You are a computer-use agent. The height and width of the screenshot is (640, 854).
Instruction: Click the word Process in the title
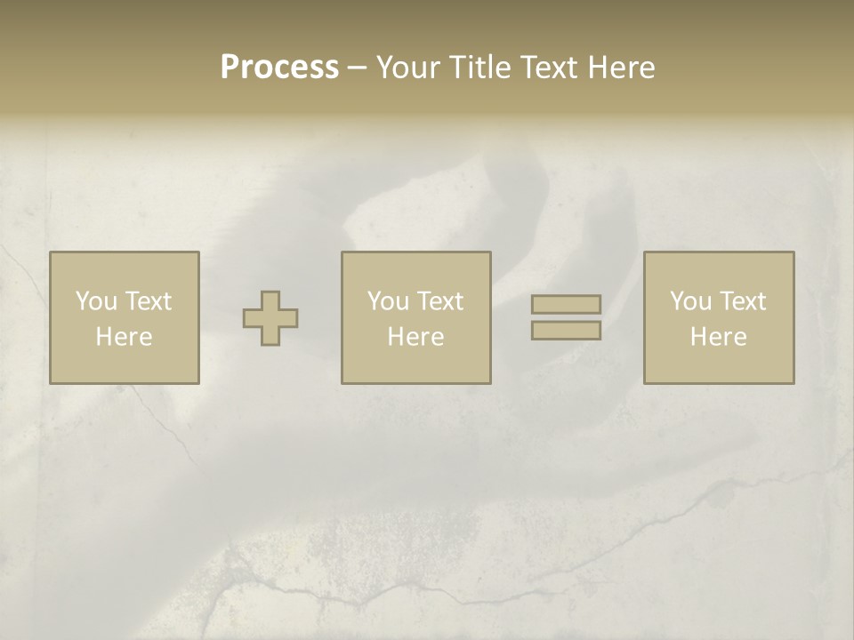pos(279,68)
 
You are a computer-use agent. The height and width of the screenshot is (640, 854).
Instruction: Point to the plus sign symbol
pos(270,318)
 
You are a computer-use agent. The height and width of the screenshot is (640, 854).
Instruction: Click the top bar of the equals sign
pos(566,305)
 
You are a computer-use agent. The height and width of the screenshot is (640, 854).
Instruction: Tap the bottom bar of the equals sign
pos(566,331)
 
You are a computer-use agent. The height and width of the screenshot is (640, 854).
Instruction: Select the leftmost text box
pos(125,317)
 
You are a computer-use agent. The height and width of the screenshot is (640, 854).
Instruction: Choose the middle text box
pos(416,317)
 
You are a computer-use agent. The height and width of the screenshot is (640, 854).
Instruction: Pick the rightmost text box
pos(719,317)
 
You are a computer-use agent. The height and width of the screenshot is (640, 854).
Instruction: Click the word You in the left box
pos(95,301)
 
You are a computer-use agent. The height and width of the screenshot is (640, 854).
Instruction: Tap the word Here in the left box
pos(125,337)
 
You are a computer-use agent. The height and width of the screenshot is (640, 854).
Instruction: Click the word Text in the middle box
pos(439,301)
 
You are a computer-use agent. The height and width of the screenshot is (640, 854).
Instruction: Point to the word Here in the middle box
pos(416,337)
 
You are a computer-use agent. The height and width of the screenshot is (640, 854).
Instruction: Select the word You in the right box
pos(689,301)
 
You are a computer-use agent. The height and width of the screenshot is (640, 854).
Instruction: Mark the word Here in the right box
pos(719,337)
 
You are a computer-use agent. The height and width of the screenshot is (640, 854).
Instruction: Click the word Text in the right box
pos(742,301)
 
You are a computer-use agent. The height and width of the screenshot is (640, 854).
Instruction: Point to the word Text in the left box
pos(148,301)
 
